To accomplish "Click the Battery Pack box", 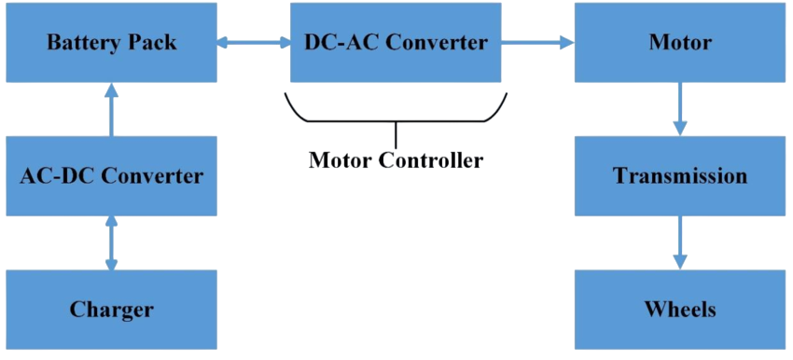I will [x=111, y=43].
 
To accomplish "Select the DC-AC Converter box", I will [x=396, y=43].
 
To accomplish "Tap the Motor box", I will [x=679, y=43].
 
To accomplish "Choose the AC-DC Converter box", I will [x=111, y=175].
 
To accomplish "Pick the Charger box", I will [x=111, y=309].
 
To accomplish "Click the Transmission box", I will [x=679, y=175].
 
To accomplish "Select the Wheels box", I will [x=679, y=309].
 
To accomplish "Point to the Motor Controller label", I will [x=396, y=160].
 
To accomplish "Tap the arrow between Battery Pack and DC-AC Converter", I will [x=253, y=42].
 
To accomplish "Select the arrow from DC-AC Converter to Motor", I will [x=537, y=42].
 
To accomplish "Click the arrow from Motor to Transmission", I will [x=680, y=109].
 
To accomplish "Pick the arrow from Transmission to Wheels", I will [x=680, y=242].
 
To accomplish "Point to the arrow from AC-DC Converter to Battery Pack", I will [x=112, y=109].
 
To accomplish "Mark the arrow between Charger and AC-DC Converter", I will [x=112, y=242].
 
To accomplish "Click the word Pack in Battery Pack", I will [x=152, y=43].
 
